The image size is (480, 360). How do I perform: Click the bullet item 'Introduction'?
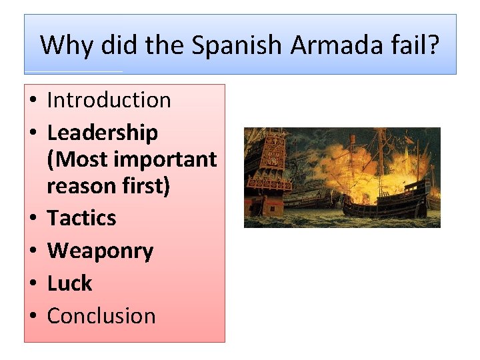tap(109, 100)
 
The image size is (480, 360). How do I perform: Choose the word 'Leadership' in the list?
tap(102, 133)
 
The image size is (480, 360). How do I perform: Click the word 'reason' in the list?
tap(79, 185)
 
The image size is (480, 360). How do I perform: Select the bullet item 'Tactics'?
tap(81, 218)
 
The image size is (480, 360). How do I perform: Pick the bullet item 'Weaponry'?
tap(100, 251)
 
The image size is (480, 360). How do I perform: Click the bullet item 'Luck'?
tap(69, 283)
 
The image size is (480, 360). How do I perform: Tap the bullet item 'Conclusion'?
tap(101, 315)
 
